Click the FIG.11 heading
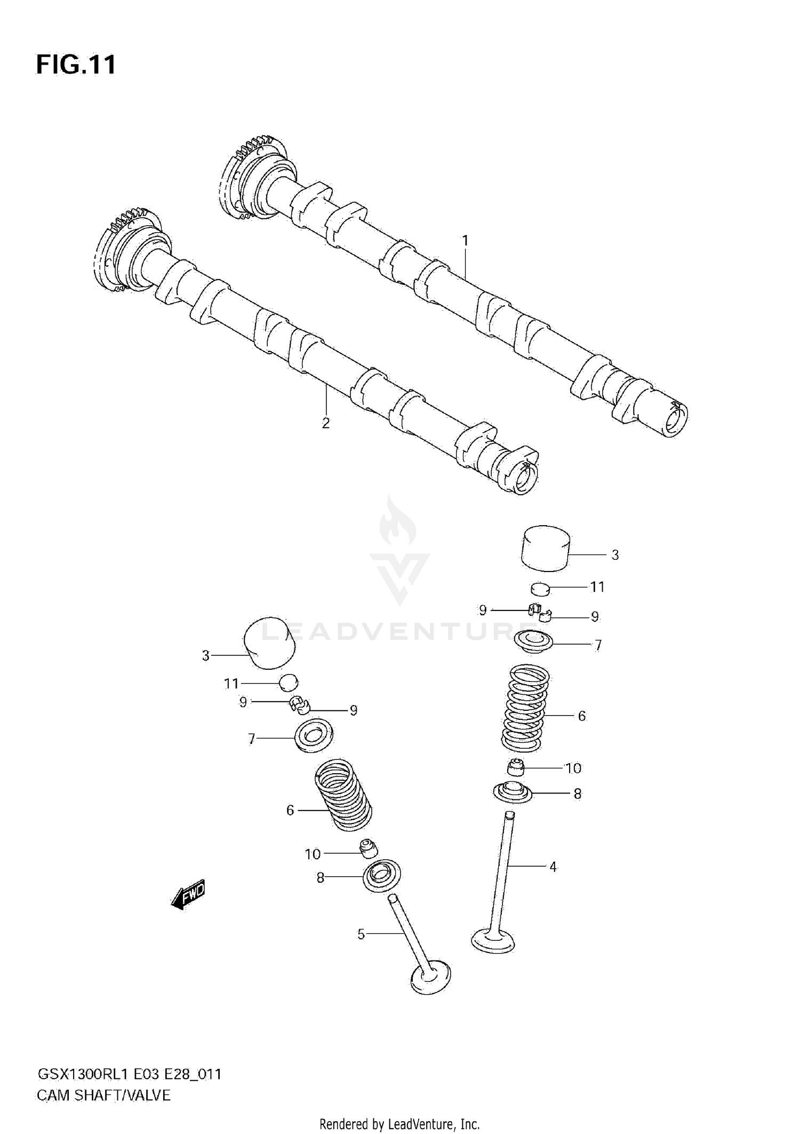[x=76, y=65]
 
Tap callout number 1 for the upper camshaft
[x=465, y=241]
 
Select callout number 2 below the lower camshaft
[x=325, y=423]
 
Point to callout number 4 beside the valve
[x=553, y=867]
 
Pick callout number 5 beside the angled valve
[x=361, y=934]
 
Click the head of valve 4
[x=493, y=941]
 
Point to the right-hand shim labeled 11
[x=540, y=589]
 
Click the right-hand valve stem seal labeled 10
[x=515, y=768]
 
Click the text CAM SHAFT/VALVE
[x=103, y=1096]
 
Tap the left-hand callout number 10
[x=313, y=854]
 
